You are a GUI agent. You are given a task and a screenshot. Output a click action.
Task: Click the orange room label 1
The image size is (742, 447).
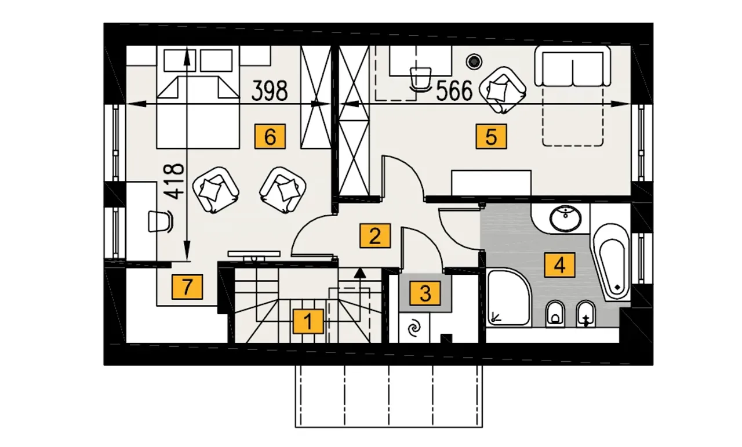(308, 321)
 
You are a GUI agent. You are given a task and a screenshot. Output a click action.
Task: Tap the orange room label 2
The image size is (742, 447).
(375, 236)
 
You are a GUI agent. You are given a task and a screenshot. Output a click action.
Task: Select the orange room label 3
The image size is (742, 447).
(425, 293)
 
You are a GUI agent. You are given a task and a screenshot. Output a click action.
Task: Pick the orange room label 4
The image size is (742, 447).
(559, 265)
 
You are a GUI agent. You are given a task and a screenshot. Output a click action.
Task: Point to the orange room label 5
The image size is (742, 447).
(491, 136)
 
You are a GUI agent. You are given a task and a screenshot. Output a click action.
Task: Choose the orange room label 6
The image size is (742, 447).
(270, 136)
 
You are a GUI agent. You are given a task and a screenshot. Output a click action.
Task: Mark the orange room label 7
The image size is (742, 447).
(187, 287)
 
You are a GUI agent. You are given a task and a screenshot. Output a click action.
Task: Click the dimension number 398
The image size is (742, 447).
(270, 91)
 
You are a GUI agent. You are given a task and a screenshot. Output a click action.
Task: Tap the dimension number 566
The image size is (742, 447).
(454, 91)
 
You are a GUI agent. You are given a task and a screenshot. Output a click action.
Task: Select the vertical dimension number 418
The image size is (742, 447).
(174, 181)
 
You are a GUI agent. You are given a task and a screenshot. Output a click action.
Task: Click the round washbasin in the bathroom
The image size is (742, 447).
(565, 219)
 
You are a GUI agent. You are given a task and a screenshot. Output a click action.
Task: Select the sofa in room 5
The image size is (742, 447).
(573, 66)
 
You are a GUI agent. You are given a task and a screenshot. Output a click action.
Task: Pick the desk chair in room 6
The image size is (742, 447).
(161, 221)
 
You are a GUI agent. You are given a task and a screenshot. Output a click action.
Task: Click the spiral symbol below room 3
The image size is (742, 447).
(414, 328)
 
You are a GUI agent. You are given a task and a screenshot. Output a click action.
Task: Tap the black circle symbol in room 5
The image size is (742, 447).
(474, 61)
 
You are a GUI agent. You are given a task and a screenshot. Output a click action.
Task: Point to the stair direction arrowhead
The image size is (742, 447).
(360, 272)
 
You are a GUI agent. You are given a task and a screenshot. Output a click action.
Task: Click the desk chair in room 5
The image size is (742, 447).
(421, 79)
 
